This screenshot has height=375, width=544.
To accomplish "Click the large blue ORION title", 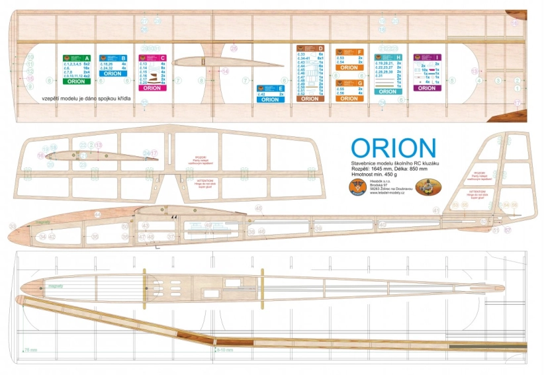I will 393,147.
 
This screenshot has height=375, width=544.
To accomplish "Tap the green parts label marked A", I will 75,68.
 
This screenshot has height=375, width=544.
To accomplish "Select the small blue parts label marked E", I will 270,92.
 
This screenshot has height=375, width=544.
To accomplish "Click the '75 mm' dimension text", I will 30,349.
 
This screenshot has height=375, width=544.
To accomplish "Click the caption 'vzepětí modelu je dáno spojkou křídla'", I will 87,99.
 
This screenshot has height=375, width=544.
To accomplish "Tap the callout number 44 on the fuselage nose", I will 97,214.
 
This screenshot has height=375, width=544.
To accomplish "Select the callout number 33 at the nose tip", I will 13,226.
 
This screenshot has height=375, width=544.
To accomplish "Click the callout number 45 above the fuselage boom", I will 259,209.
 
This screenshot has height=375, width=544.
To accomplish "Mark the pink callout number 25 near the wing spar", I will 233,48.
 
